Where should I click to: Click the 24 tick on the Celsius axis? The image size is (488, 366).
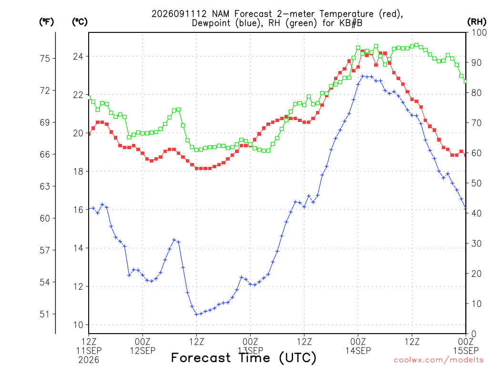(79, 56)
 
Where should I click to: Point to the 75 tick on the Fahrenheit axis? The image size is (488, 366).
(45, 58)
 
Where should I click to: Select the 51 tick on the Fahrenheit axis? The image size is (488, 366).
(45, 314)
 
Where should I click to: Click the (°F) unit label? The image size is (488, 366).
(46, 22)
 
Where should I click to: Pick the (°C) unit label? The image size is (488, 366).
(80, 22)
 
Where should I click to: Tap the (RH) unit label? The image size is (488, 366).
(477, 22)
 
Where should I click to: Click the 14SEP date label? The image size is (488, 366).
(358, 351)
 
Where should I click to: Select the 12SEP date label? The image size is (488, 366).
(142, 351)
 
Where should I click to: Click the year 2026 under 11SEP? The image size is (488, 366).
(89, 360)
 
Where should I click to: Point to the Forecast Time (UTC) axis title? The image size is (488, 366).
(244, 357)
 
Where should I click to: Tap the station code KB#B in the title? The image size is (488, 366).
(350, 23)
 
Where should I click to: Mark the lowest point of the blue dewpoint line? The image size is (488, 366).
(196, 315)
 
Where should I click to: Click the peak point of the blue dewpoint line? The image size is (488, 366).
(362, 76)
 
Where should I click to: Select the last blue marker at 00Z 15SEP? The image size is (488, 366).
(466, 209)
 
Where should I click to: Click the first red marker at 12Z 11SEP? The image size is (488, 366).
(89, 134)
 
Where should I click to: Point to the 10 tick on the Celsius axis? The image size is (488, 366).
(79, 325)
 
